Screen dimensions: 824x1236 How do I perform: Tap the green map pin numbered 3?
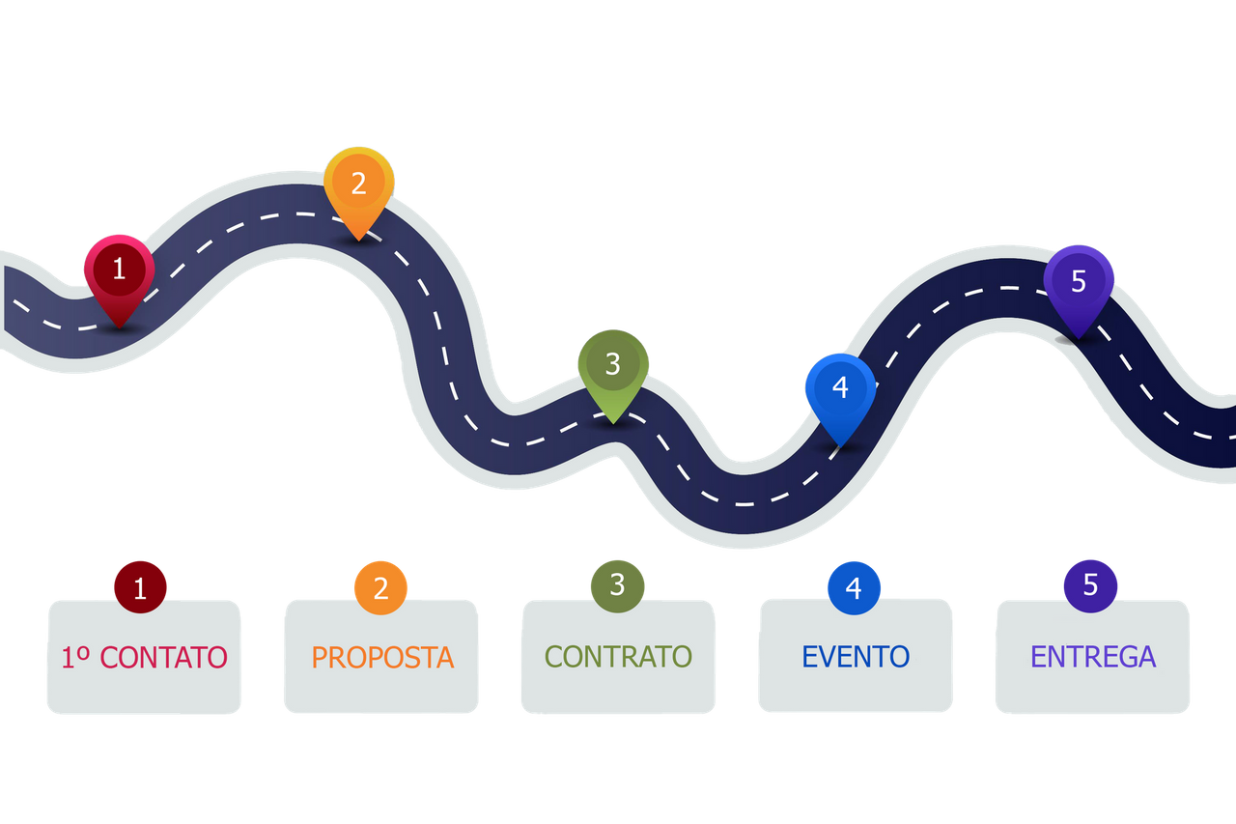613,368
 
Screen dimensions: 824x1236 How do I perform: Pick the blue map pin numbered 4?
840,391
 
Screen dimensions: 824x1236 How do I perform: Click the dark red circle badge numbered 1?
141,587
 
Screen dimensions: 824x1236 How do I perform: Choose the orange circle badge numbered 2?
380,587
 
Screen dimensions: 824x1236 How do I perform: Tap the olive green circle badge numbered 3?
617,584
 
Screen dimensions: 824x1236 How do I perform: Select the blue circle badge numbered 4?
854,587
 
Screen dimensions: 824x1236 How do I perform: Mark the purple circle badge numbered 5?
1091,585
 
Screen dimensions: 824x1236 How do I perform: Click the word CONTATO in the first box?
163,658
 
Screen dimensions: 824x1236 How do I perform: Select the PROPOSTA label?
382,658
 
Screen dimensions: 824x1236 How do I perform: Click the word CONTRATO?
618,657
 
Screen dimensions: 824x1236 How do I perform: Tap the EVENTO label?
856,657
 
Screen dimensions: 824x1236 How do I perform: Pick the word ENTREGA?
1093,657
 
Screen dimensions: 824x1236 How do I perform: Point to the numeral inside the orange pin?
359,184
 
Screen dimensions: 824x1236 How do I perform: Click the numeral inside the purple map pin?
1079,281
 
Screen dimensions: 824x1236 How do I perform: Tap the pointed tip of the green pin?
613,421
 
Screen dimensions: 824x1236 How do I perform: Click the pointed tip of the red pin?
119,327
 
